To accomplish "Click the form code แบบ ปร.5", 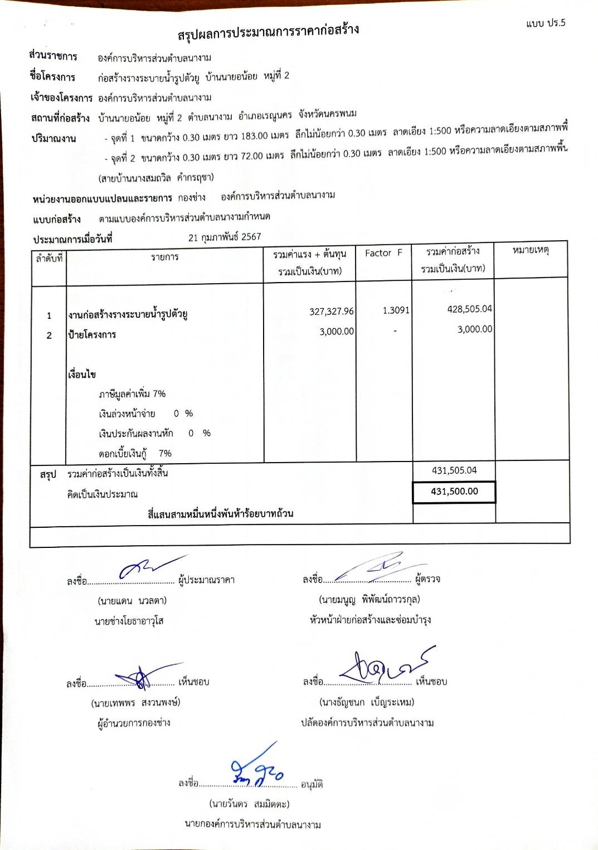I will (x=546, y=23).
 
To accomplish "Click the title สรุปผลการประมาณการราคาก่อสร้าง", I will (x=268, y=32).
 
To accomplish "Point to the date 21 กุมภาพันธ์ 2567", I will (x=225, y=237).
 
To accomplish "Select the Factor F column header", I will (x=383, y=253).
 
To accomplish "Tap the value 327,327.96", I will (x=332, y=311).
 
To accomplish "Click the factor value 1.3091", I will (x=396, y=310).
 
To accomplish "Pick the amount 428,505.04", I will (x=470, y=309).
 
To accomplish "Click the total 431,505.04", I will (x=454, y=470).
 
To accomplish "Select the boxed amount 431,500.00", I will (x=454, y=492).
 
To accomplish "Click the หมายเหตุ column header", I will (x=531, y=250).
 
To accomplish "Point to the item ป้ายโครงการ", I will (x=93, y=334).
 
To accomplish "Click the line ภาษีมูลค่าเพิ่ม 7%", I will (x=132, y=394).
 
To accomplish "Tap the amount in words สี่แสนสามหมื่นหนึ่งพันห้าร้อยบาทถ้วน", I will (x=221, y=513).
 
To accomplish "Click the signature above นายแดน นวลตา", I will (x=148, y=567).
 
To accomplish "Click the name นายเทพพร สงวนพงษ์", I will (x=135, y=703).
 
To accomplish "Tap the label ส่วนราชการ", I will (x=54, y=56).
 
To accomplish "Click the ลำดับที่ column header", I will (x=49, y=258).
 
